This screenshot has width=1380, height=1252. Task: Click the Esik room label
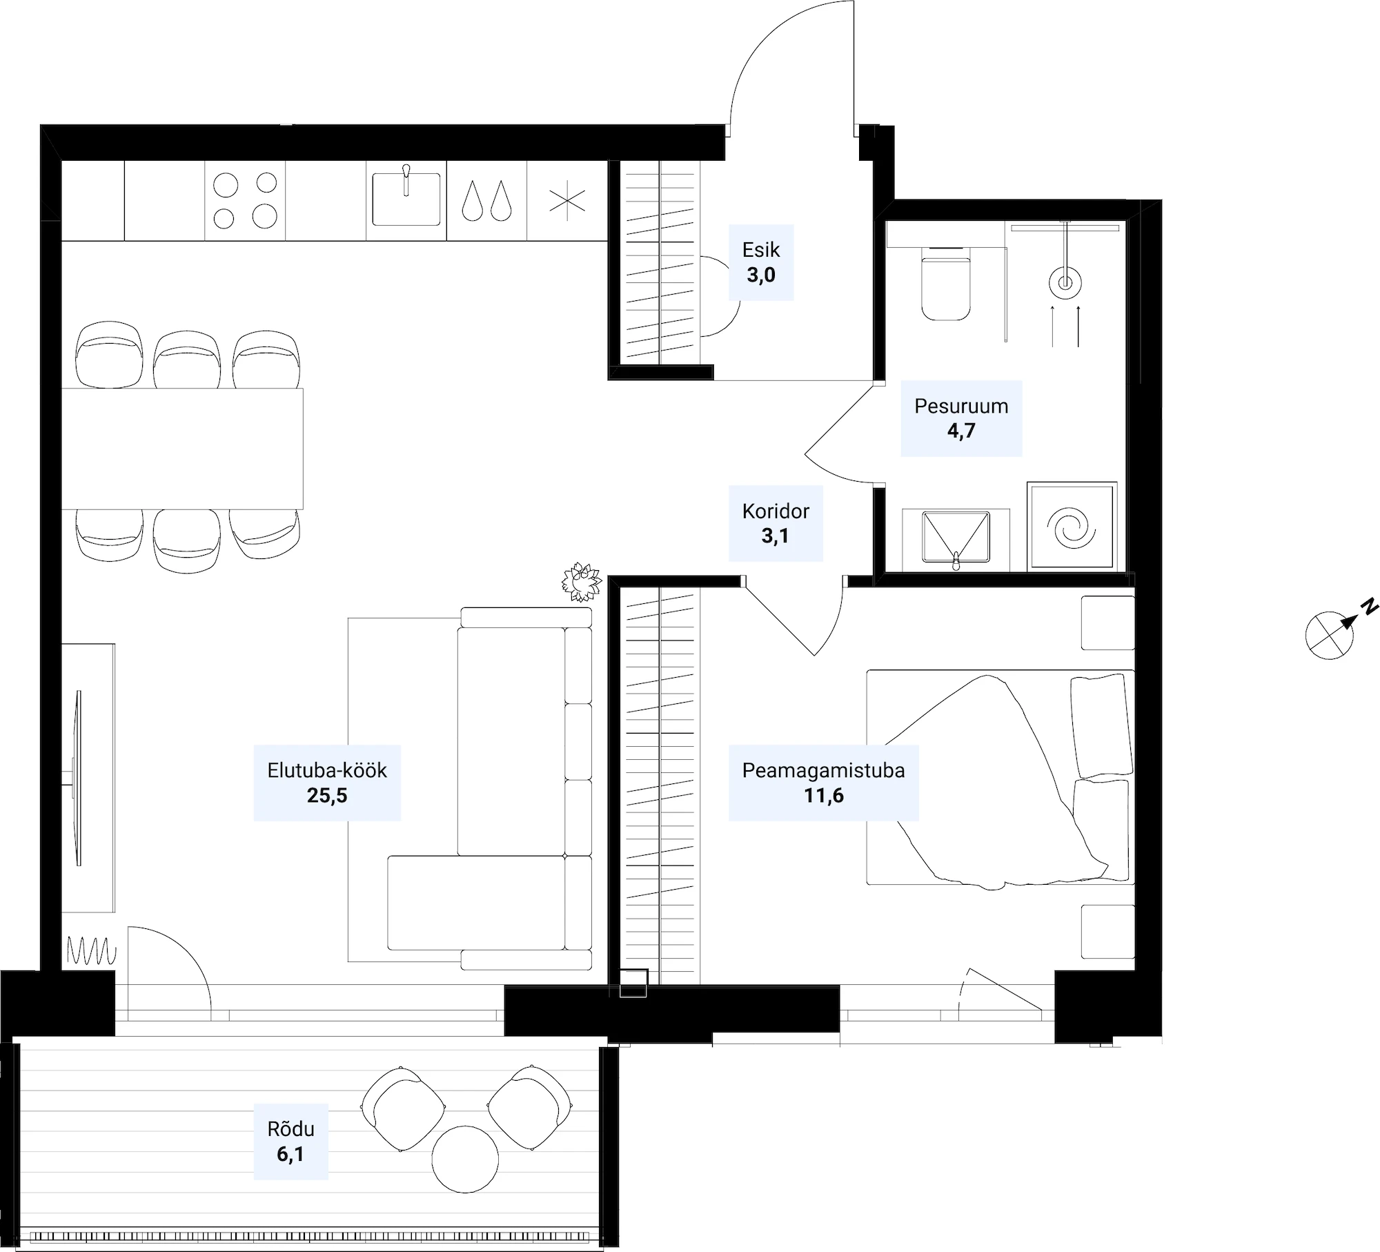tap(761, 262)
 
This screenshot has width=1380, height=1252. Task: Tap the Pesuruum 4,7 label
tap(961, 418)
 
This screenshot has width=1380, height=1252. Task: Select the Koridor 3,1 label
tap(776, 523)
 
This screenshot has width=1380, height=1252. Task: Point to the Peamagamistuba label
tap(823, 770)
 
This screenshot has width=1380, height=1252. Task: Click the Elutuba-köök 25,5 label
tap(327, 783)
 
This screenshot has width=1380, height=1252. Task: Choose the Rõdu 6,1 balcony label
tap(290, 1142)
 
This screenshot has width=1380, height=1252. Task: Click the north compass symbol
tap(1337, 630)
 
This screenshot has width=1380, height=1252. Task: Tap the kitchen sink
tap(406, 199)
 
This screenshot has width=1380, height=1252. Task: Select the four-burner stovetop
tap(245, 201)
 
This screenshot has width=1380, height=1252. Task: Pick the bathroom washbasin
tap(956, 539)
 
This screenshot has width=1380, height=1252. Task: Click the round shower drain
tap(1065, 283)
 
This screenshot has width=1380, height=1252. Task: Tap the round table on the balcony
tap(465, 1159)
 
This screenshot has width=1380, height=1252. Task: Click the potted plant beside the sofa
tap(582, 582)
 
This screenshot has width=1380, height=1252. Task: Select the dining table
tap(182, 449)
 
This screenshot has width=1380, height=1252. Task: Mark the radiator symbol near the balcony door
tap(92, 950)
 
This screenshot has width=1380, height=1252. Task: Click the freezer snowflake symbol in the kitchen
tap(567, 201)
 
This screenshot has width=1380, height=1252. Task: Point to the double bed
tap(1000, 777)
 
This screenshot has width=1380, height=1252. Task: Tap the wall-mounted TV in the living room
tap(78, 778)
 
